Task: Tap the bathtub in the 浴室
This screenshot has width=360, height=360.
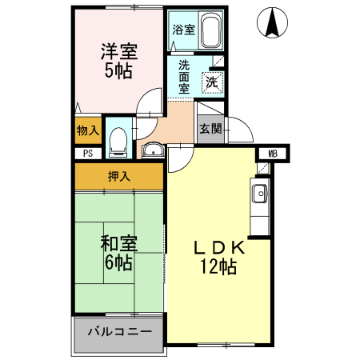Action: click(210, 31)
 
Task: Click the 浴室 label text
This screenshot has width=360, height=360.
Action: click(183, 30)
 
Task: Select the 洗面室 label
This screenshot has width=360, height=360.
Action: click(185, 77)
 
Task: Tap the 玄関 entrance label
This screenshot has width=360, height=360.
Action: click(210, 129)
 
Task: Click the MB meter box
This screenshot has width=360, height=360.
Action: click(273, 154)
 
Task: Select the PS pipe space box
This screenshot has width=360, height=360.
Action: click(86, 153)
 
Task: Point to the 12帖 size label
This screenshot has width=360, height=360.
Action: click(218, 268)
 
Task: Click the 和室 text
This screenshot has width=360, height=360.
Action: click(118, 242)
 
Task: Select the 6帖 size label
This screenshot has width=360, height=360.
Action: click(118, 262)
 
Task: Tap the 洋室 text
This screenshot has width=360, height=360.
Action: click(118, 51)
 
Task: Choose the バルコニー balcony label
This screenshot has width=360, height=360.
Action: click(118, 330)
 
